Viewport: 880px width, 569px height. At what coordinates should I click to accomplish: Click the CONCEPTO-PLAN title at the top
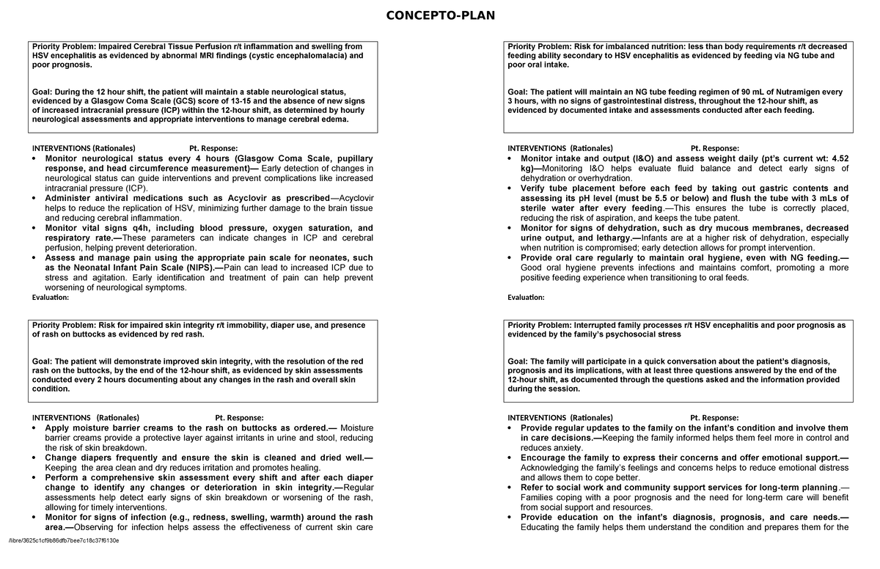440,15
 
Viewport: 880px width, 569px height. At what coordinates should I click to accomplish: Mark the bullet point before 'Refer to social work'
511,488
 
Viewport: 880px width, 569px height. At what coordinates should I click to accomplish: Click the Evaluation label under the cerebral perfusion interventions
50,298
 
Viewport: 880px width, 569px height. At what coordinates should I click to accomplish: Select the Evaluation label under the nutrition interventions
526,298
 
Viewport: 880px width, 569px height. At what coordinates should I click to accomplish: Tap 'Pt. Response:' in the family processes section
714,418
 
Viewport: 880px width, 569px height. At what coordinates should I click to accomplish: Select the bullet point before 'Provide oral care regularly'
511,259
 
